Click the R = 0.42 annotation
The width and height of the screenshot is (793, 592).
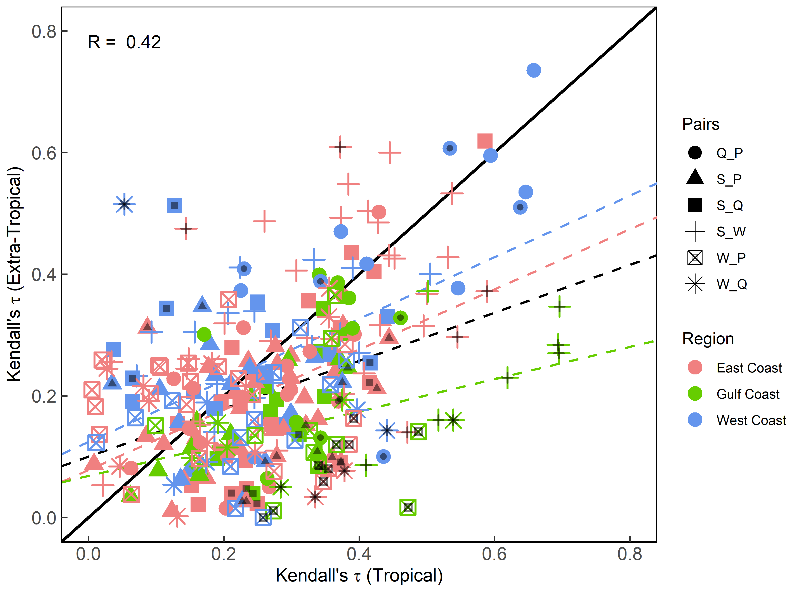click(x=124, y=42)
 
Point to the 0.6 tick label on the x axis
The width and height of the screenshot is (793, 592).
click(x=494, y=554)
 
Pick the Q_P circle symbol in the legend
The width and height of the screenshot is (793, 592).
click(x=695, y=153)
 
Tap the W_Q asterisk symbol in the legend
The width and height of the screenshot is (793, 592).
click(x=695, y=284)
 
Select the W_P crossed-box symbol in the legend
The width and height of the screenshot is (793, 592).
click(x=695, y=258)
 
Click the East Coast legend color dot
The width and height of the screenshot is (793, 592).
click(x=695, y=368)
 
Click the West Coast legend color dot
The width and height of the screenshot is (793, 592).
click(x=695, y=420)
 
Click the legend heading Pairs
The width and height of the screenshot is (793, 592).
click(x=701, y=124)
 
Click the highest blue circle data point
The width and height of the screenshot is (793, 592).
click(x=533, y=70)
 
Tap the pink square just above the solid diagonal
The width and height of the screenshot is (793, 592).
click(x=485, y=141)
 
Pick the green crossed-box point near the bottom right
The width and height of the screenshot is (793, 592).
click(x=408, y=507)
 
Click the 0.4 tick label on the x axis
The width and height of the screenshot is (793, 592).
click(x=359, y=554)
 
